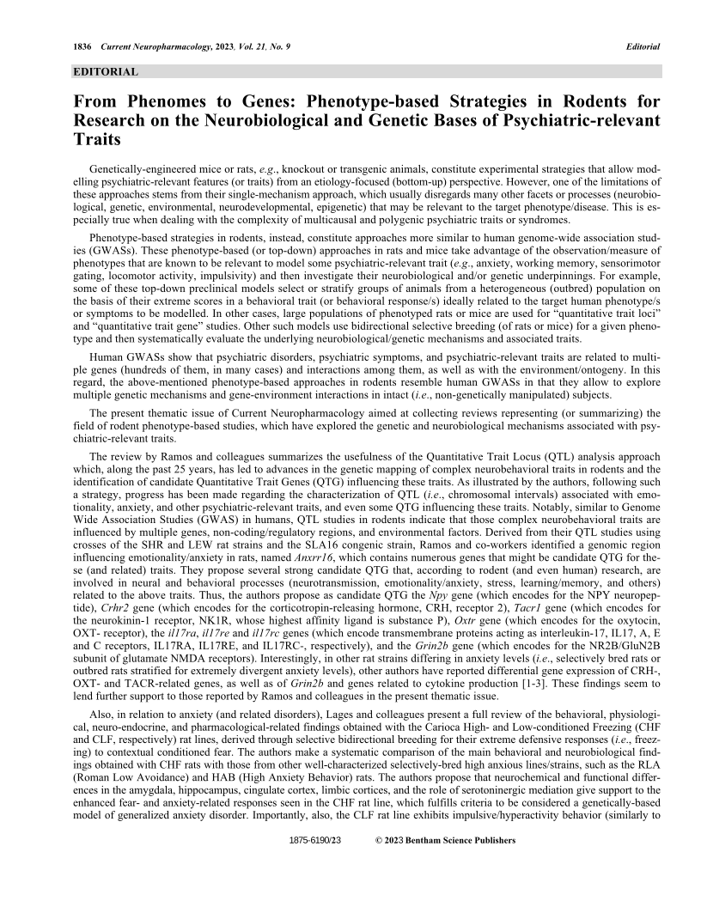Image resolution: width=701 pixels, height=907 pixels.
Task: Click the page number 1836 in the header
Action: click(x=83, y=46)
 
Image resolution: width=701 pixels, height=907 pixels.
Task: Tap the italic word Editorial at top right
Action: click(x=643, y=46)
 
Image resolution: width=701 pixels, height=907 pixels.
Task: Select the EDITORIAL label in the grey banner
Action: click(x=106, y=72)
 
